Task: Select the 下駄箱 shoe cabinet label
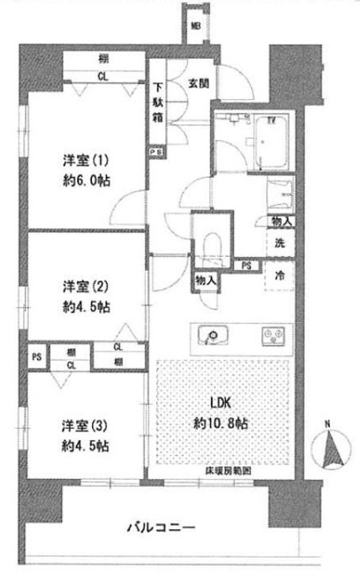point(159,101)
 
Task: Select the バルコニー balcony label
point(163,527)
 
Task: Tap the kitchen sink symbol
point(213,336)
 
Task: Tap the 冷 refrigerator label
point(281,277)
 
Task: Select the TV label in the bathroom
point(271,121)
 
